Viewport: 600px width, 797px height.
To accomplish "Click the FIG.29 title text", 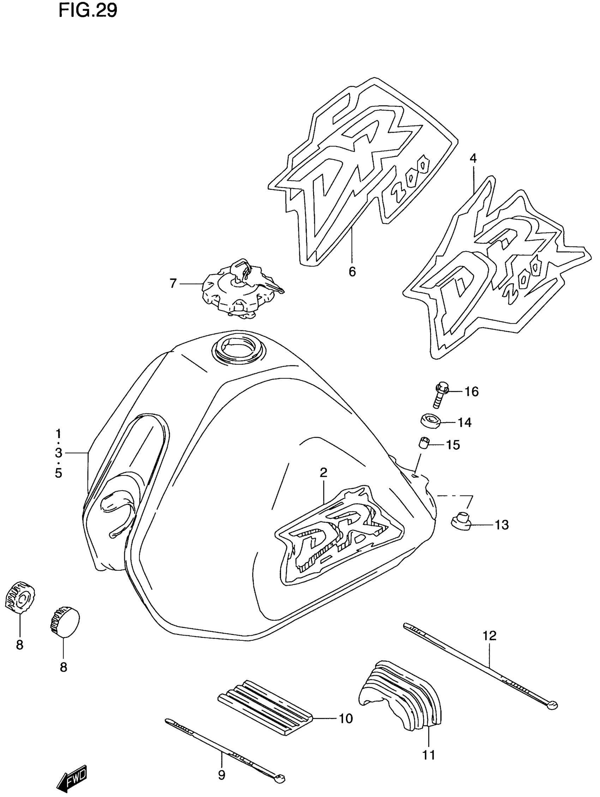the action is [x=88, y=11].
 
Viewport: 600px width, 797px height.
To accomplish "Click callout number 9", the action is [x=222, y=774].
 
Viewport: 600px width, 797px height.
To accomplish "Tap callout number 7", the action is [x=173, y=284].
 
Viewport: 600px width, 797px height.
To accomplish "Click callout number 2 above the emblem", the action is [x=323, y=472].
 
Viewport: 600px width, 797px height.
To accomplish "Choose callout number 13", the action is [x=501, y=525].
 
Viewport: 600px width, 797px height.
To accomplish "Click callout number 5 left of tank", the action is [x=58, y=473].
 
